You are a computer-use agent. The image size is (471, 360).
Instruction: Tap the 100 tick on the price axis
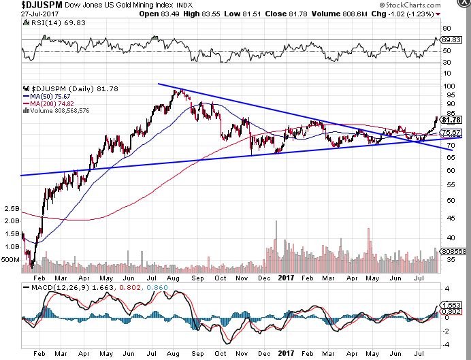tap(449, 86)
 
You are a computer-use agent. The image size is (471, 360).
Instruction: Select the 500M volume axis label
tap(11, 260)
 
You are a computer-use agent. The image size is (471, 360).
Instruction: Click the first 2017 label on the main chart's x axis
tap(286, 278)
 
